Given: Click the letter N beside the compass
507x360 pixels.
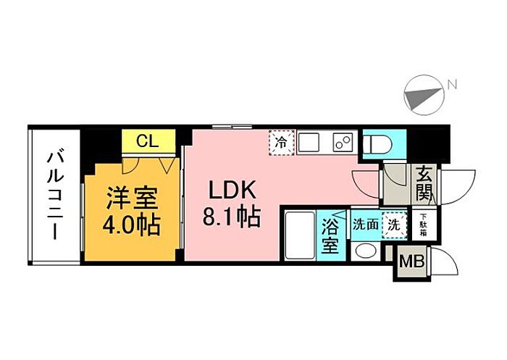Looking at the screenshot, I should click(452, 85).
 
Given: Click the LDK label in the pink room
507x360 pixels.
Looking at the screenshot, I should click(232, 190).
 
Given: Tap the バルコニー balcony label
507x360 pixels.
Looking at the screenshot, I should click(54, 195).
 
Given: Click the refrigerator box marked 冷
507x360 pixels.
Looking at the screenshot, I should click(281, 142).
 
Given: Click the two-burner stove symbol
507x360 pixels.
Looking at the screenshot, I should click(343, 143).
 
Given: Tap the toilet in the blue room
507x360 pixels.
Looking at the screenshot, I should click(377, 143).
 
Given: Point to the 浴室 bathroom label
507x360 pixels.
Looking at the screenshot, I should click(330, 235).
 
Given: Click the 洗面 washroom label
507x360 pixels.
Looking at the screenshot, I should click(366, 225).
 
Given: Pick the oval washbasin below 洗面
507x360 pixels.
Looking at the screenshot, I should click(366, 251).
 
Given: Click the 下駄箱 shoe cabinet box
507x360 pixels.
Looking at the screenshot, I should click(424, 225).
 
